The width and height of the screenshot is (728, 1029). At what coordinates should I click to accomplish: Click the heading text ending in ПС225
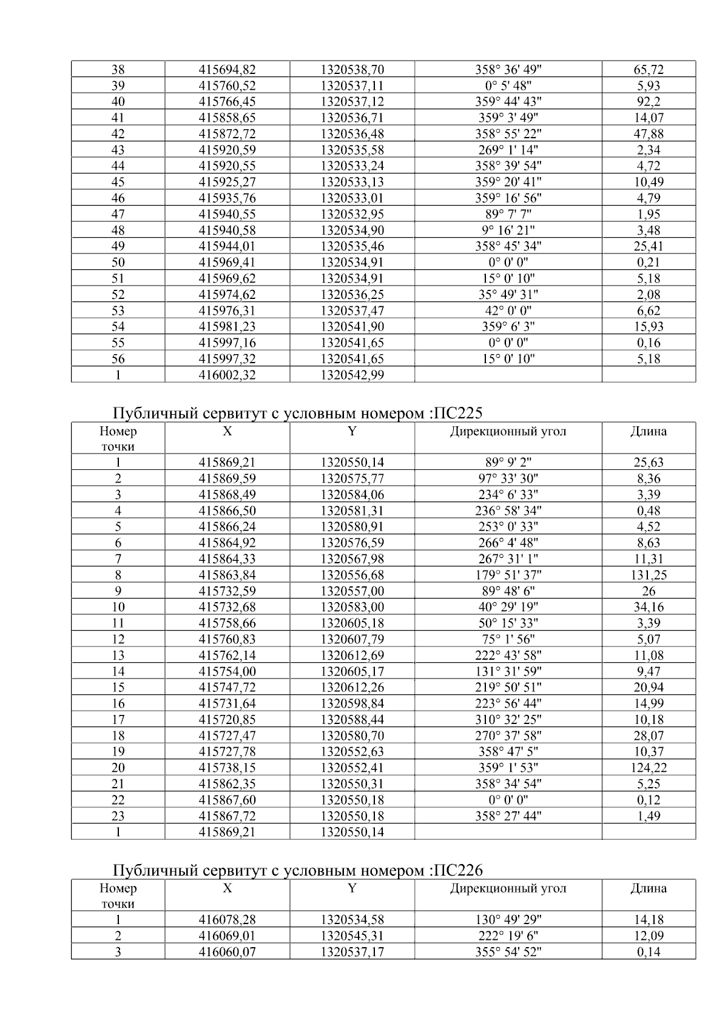(x=297, y=414)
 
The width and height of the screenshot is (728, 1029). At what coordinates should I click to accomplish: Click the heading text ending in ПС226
(x=297, y=871)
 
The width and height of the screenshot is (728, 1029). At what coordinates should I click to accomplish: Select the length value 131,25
(x=649, y=575)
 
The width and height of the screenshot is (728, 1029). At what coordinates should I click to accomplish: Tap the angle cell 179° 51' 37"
(x=508, y=575)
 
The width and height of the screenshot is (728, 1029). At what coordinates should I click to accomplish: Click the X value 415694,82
(x=227, y=70)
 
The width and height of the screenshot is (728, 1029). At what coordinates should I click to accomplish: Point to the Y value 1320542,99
(x=352, y=375)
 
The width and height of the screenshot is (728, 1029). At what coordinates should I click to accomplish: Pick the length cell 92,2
(x=649, y=102)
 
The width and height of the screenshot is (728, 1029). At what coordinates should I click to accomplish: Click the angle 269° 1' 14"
(x=508, y=150)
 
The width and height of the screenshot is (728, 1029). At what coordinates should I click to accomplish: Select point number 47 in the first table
(x=118, y=214)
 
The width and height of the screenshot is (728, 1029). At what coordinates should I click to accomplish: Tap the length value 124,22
(x=649, y=768)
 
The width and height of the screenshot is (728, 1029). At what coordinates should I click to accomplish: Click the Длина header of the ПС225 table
(x=649, y=432)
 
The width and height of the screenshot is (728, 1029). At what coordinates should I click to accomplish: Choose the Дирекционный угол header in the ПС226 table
(x=508, y=888)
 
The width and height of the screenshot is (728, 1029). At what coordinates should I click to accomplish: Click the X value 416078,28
(x=227, y=920)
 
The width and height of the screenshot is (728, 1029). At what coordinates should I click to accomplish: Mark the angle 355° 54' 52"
(x=508, y=952)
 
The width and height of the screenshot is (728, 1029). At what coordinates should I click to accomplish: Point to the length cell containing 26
(x=649, y=591)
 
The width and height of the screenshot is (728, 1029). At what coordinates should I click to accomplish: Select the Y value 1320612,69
(x=352, y=655)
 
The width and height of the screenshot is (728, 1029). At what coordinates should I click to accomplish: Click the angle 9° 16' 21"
(x=508, y=230)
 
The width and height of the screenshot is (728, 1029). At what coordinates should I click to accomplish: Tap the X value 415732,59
(x=227, y=591)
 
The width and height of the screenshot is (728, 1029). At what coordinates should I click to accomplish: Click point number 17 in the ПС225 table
(x=118, y=720)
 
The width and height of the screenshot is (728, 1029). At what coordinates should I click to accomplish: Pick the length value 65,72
(x=649, y=70)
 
